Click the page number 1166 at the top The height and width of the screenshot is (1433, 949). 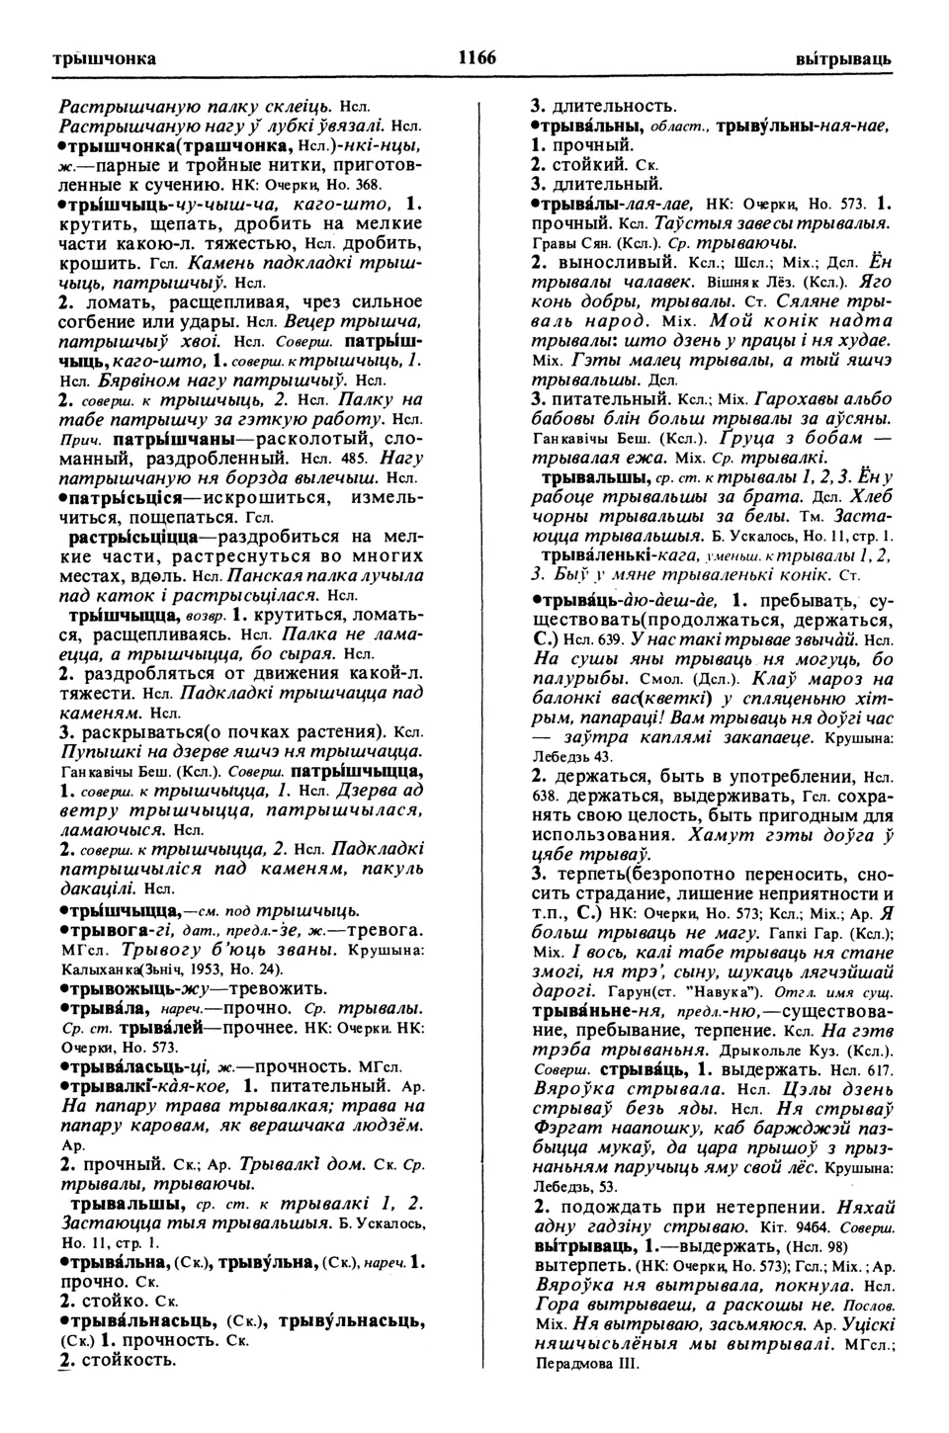pyautogui.click(x=475, y=58)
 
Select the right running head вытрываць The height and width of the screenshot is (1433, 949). pyautogui.click(x=843, y=59)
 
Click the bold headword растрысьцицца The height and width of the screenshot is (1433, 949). pyautogui.click(x=133, y=537)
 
